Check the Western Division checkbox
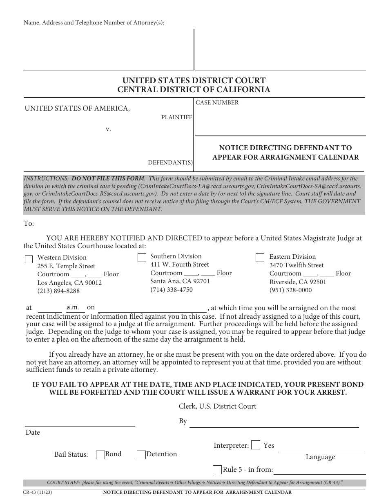(29, 260)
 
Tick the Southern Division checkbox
(142, 258)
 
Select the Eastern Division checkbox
(260, 258)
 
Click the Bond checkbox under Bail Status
(100, 455)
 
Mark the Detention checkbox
(141, 455)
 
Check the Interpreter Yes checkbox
(256, 445)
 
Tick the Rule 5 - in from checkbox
(217, 469)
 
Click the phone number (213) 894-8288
(58, 291)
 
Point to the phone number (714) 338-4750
(172, 290)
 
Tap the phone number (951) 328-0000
(290, 290)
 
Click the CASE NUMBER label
(217, 103)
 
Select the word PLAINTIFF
(176, 117)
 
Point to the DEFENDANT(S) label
(170, 162)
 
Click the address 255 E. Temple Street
(66, 266)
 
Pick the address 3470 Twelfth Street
(297, 265)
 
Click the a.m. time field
(75, 308)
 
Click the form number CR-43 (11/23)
(38, 492)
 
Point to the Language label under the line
(320, 457)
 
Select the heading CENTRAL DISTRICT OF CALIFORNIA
(194, 90)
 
